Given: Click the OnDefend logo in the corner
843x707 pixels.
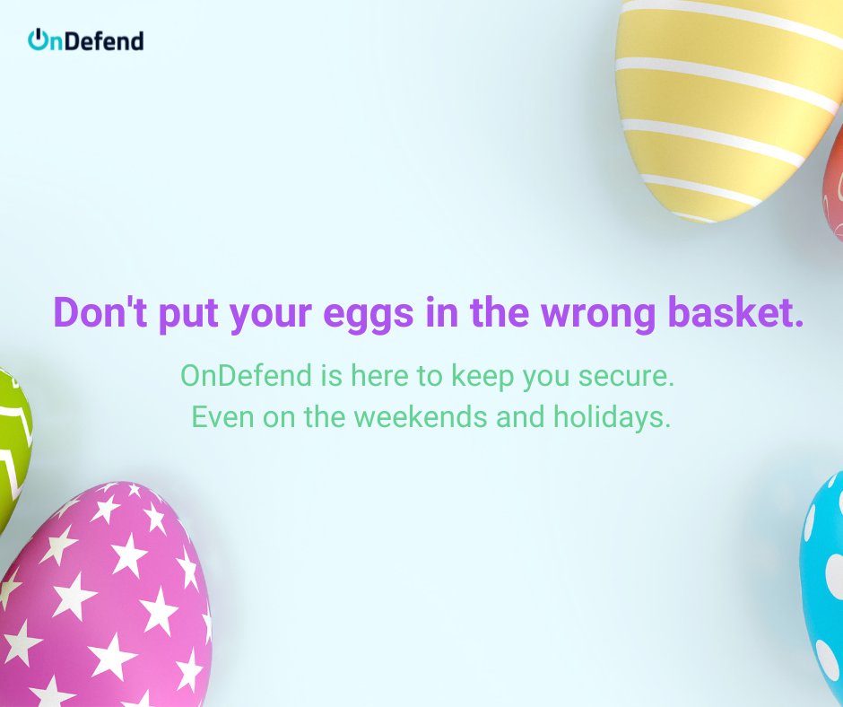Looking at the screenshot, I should click(x=86, y=40).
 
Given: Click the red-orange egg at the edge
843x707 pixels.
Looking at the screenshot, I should click(x=834, y=184).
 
